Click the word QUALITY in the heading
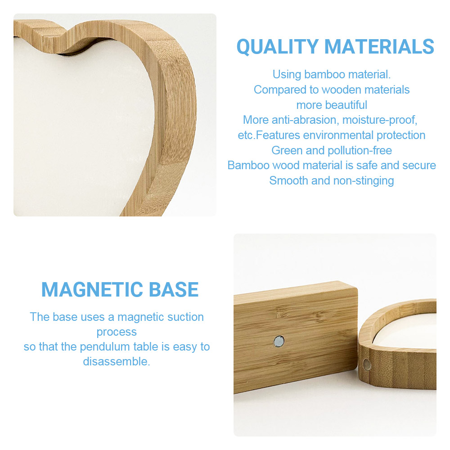pyautogui.click(x=278, y=46)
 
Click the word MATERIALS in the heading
pyautogui.click(x=379, y=46)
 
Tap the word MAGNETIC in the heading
pyautogui.click(x=92, y=289)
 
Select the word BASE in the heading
pyautogui.click(x=174, y=289)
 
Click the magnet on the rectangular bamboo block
pyautogui.click(x=279, y=341)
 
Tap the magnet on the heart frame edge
pyautogui.click(x=367, y=365)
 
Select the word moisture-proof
pyautogui.click(x=380, y=120)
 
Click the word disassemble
pyautogui.click(x=117, y=362)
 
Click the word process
pyautogui.click(x=117, y=333)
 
